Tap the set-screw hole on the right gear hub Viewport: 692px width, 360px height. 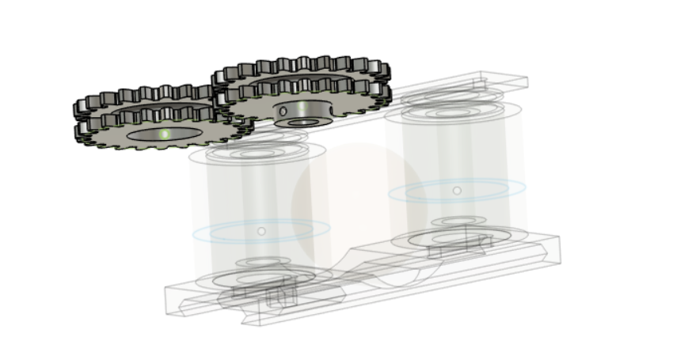[x=283, y=111]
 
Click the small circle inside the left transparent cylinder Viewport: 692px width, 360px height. [x=261, y=231]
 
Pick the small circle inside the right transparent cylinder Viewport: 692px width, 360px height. [x=457, y=191]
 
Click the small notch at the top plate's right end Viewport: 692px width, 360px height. [x=480, y=81]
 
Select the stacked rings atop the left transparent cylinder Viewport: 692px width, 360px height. [x=265, y=150]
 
